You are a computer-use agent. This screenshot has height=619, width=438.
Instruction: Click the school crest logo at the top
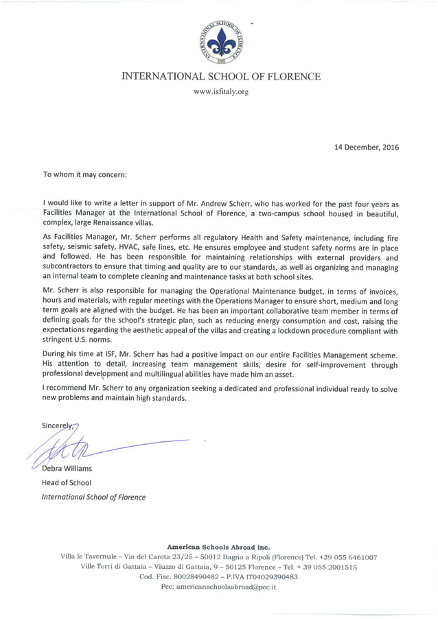coord(221,40)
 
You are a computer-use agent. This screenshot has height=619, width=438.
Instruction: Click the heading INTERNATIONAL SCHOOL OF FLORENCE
coord(221,76)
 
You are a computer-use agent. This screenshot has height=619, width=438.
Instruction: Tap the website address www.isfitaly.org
coord(221,91)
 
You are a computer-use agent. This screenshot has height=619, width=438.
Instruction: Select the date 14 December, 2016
coord(366,147)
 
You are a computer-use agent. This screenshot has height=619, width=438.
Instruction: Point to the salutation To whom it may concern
coord(85,174)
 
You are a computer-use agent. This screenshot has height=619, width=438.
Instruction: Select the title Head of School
coord(67,482)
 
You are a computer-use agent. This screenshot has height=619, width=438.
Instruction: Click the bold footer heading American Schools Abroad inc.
coord(218,547)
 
